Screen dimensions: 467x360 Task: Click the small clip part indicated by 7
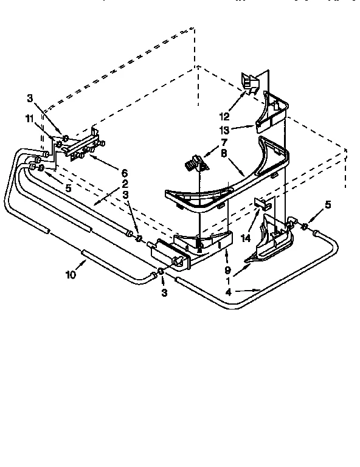point(196,164)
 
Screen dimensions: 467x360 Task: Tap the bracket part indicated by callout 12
point(249,83)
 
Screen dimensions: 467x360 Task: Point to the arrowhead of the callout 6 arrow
point(89,154)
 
